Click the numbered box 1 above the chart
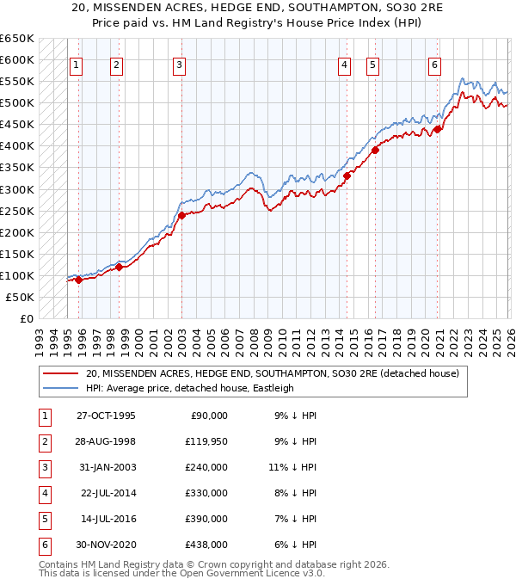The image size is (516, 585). pyautogui.click(x=77, y=65)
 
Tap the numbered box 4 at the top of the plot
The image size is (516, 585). pyautogui.click(x=344, y=65)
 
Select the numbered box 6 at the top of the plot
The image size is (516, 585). pyautogui.click(x=434, y=65)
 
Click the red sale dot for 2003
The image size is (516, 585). pyautogui.click(x=181, y=215)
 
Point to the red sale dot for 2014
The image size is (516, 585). pyautogui.click(x=347, y=175)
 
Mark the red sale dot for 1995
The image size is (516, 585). pyautogui.click(x=78, y=280)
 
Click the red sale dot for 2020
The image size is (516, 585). pyautogui.click(x=437, y=129)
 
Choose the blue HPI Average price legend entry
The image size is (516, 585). pyautogui.click(x=190, y=388)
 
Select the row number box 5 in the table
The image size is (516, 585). pyautogui.click(x=43, y=518)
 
